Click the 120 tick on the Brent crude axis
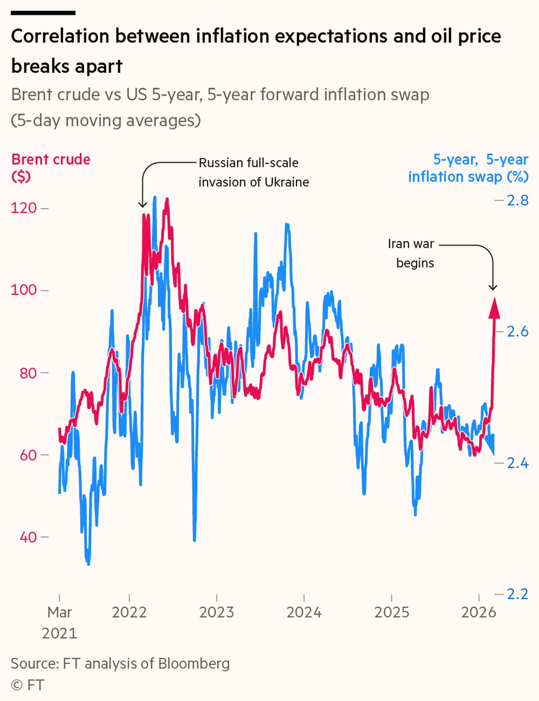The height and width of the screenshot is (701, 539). pos(24,208)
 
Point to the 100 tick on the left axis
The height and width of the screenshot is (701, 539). pos(24,290)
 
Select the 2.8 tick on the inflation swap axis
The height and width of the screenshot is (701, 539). pos(517,201)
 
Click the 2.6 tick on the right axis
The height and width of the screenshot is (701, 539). pos(517,332)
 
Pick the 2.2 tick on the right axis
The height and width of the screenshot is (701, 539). pos(517,594)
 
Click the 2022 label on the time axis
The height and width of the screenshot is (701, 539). pos(129,612)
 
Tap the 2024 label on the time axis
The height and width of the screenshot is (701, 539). pos(304,612)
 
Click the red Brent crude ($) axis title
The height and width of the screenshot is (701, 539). pos(51,167)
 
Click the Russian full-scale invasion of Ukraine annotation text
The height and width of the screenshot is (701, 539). pos(253,172)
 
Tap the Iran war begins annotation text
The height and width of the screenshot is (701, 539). pos(411,253)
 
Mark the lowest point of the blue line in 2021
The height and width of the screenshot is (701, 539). pos(88,563)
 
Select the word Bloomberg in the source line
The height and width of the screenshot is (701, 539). pos(194,664)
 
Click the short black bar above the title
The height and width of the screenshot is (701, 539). pos(43,13)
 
